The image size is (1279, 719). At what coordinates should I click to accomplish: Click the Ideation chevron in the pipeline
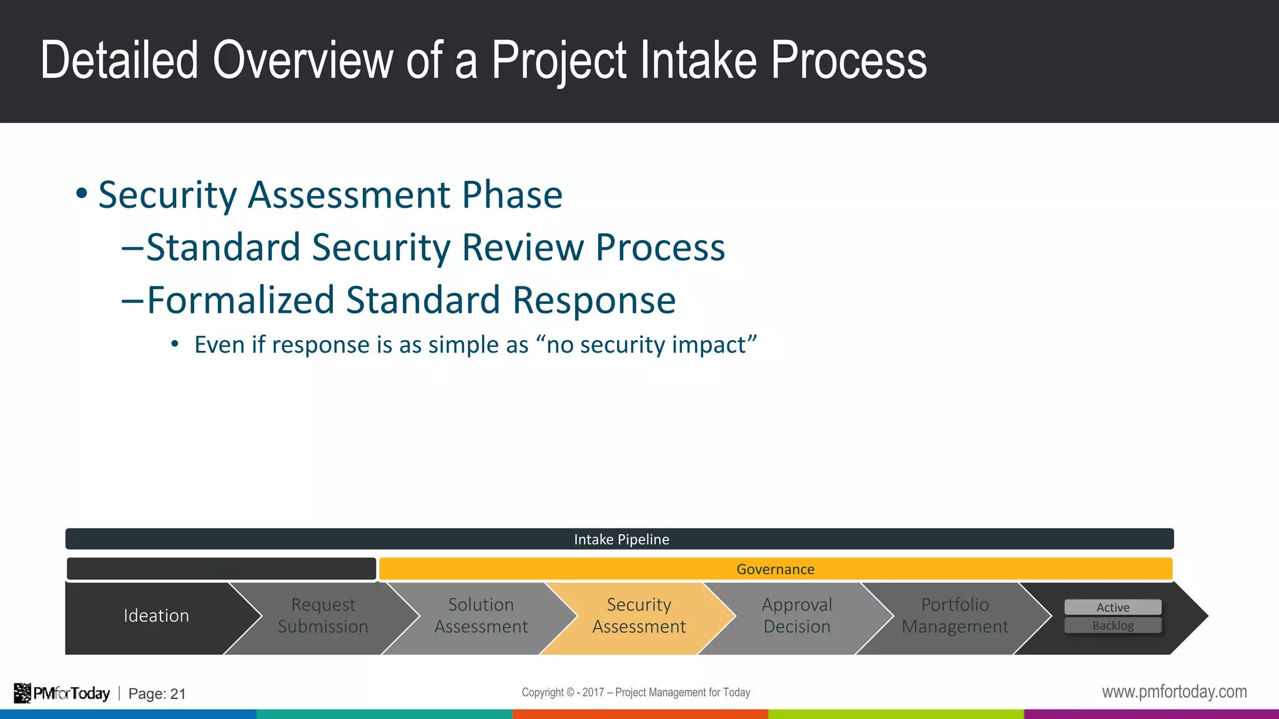coord(156,616)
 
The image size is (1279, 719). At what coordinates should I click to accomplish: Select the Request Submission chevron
coord(323,616)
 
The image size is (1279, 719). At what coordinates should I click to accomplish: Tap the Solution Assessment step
coord(481,616)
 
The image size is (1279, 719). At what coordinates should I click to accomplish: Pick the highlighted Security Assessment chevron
coord(639,616)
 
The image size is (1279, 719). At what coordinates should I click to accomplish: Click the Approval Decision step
coord(797,616)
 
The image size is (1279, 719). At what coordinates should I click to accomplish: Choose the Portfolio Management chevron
coord(955,616)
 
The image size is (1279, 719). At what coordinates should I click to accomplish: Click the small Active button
coord(1113,607)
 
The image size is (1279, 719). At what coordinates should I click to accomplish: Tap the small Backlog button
coord(1113,625)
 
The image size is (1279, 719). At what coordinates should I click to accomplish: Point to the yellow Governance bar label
coord(775,569)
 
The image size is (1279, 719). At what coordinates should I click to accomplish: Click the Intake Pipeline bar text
coord(621,539)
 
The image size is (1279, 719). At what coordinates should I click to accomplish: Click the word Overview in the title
coord(303,61)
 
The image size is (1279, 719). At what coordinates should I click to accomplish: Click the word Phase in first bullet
coord(512,195)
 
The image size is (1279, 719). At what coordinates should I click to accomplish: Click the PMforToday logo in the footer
coord(62,693)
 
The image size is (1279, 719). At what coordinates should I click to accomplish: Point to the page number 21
coord(178,694)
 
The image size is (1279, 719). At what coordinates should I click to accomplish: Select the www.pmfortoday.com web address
coord(1174,692)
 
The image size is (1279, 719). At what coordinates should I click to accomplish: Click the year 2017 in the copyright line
coord(593,692)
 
